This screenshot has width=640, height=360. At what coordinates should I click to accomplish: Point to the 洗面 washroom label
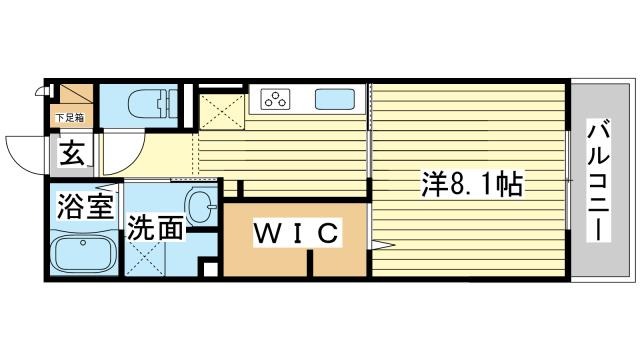pos(156,229)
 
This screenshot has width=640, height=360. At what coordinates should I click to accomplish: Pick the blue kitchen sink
pos(333,99)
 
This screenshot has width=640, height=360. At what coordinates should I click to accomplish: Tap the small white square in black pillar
pos(209,268)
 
